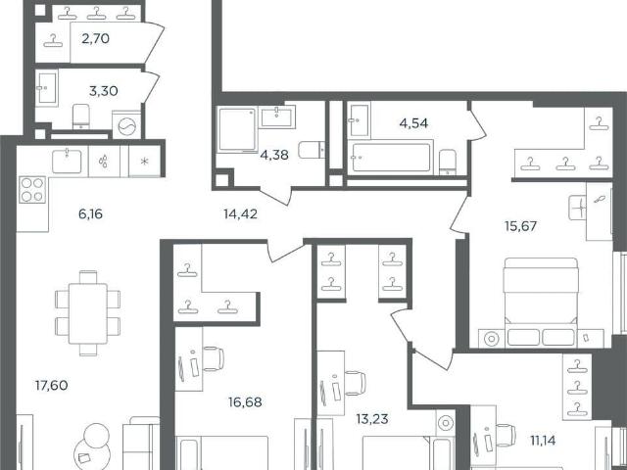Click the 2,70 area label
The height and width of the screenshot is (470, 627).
[95, 39]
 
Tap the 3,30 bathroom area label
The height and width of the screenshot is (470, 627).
[103, 91]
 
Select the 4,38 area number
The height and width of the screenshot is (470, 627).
[274, 155]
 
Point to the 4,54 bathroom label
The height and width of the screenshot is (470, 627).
[413, 123]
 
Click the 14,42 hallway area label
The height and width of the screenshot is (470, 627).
[240, 214]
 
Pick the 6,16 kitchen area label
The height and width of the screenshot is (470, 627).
[90, 214]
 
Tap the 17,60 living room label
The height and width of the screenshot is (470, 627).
[52, 385]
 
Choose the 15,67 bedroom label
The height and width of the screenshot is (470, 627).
[520, 226]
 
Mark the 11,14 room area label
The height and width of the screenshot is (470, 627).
[543, 441]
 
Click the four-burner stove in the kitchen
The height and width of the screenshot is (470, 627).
[32, 189]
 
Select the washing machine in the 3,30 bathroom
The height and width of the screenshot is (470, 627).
[126, 125]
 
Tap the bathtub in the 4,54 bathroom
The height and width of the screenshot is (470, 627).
[391, 157]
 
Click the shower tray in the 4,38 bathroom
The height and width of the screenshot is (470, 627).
[237, 129]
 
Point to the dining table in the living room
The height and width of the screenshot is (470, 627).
[87, 313]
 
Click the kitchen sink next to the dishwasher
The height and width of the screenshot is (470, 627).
[67, 161]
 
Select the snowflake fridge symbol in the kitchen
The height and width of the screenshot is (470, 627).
[144, 162]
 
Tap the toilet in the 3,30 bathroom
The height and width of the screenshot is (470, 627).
[81, 117]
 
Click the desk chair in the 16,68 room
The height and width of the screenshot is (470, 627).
[213, 358]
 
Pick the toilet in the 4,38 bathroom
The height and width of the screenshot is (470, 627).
[312, 150]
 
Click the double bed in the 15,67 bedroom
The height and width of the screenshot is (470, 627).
[541, 303]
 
